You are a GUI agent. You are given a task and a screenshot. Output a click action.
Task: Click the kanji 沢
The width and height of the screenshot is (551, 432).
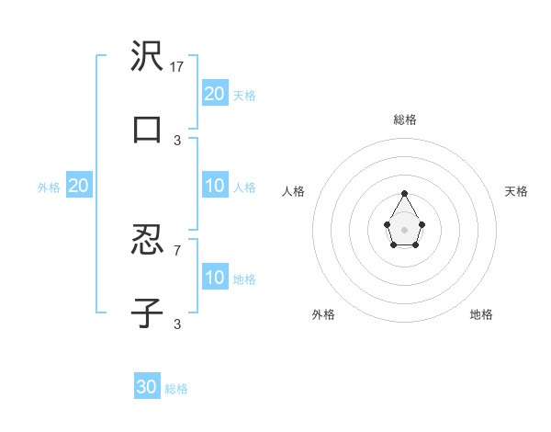(x=147, y=56)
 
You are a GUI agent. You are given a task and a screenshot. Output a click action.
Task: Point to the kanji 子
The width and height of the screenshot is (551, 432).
(x=147, y=312)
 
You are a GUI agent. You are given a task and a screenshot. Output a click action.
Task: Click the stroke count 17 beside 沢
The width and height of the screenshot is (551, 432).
(x=178, y=67)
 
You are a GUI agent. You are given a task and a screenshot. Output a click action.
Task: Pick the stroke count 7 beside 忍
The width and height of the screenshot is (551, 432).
(x=177, y=250)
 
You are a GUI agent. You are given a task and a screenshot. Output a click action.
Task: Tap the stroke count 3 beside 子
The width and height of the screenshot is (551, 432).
(x=177, y=324)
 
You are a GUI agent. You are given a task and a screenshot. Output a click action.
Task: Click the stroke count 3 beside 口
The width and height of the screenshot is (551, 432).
(x=177, y=141)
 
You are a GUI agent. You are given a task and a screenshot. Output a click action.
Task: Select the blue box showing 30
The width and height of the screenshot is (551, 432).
(x=147, y=387)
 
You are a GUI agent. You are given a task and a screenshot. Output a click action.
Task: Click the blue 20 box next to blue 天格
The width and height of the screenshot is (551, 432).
(x=215, y=93)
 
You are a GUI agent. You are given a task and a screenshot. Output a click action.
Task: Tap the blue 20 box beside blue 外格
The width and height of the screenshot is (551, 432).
(x=79, y=186)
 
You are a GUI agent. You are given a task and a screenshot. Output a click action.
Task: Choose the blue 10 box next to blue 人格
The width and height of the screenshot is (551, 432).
(x=215, y=186)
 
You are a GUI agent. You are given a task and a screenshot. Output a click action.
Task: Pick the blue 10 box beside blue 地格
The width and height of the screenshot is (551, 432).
(x=215, y=278)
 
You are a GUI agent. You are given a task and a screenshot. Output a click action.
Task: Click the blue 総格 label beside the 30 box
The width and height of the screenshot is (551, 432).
(x=177, y=389)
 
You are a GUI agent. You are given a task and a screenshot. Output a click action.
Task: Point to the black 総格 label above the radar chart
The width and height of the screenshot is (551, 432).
(x=405, y=119)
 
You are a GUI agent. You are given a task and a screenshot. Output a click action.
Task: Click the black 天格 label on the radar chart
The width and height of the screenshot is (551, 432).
(x=516, y=191)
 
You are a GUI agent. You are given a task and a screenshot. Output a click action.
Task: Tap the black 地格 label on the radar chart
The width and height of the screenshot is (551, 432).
(x=481, y=314)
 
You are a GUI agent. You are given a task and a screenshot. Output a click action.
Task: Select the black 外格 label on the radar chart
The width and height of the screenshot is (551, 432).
(x=323, y=314)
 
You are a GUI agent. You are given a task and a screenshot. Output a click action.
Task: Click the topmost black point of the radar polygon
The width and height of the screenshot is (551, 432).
(x=405, y=194)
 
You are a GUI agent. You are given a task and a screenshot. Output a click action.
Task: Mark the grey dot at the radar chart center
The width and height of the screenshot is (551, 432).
(x=405, y=229)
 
